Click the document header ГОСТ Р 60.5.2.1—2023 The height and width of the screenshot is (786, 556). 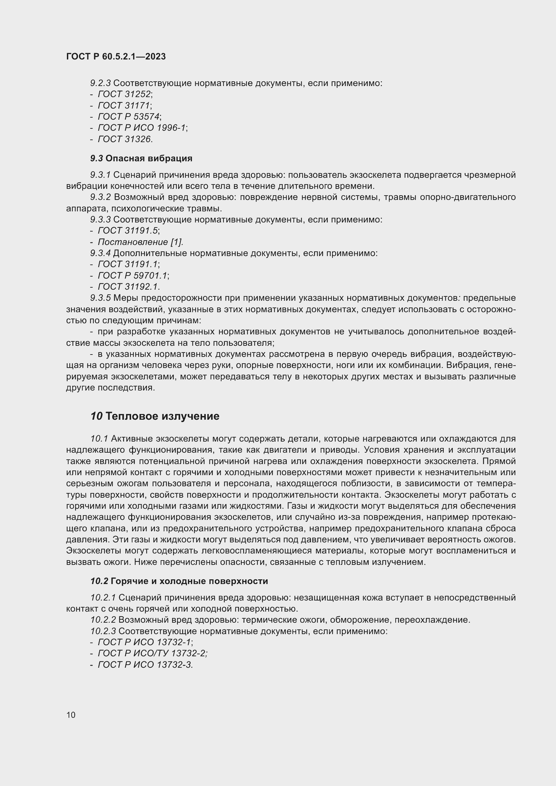(x=116, y=56)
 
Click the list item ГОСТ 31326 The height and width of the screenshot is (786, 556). (x=125, y=139)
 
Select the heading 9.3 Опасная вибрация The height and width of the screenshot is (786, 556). (x=141, y=158)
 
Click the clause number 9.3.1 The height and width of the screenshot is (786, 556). (x=100, y=175)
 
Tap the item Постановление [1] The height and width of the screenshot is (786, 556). (x=141, y=242)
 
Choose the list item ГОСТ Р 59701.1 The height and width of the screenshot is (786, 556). (x=133, y=276)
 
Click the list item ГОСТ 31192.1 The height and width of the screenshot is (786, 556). (x=128, y=287)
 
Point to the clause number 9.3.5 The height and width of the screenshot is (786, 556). (x=100, y=298)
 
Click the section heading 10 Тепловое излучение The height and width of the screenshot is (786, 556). (x=155, y=416)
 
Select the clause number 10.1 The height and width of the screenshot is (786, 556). (x=99, y=439)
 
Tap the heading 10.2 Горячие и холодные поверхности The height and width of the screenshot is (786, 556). (x=179, y=581)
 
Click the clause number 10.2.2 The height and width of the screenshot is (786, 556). (x=103, y=620)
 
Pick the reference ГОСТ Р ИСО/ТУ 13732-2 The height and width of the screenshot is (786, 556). (x=152, y=653)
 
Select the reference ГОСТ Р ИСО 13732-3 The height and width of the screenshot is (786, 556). (x=145, y=664)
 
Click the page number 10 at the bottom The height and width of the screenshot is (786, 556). (x=71, y=715)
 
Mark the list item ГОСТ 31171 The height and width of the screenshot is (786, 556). (x=124, y=106)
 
